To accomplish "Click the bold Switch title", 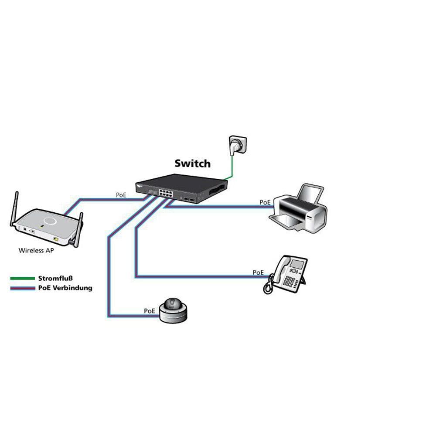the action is point(192,163).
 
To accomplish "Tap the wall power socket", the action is point(238,145).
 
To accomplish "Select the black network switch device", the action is point(181,188).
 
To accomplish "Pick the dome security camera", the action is point(173,310).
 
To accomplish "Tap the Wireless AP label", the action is point(36,251).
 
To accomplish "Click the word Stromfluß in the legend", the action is point(55,278).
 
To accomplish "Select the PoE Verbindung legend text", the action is point(65,288).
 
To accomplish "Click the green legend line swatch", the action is point(23,278).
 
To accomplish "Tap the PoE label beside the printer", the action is point(265,202).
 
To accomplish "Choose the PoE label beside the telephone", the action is point(258,272).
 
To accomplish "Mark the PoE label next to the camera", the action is point(149,311).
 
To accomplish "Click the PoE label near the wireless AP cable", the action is point(121,195).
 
